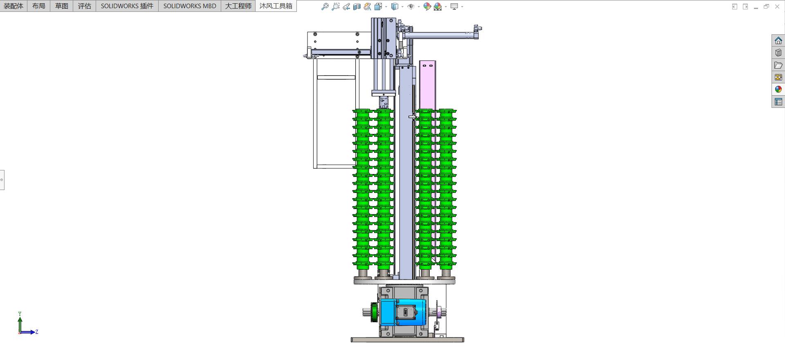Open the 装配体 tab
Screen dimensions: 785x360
[x=13, y=6]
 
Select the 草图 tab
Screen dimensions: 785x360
[x=62, y=6]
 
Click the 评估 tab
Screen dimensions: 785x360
[x=85, y=6]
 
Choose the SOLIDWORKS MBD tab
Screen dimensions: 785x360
[x=190, y=6]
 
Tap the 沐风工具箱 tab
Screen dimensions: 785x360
[x=276, y=6]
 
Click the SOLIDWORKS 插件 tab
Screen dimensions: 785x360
[x=127, y=6]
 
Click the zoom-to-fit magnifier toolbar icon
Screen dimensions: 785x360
[x=325, y=7]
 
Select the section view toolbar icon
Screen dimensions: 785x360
[x=357, y=7]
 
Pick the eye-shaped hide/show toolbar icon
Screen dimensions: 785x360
[x=411, y=7]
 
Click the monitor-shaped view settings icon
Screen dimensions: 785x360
[x=454, y=7]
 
